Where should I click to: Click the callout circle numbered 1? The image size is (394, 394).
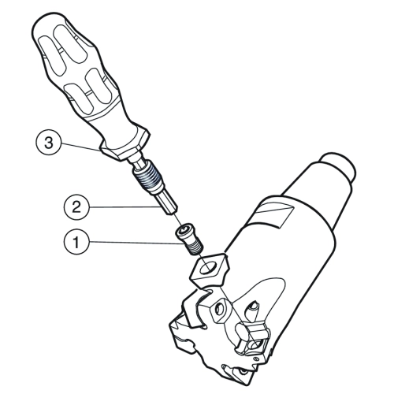tap(76, 242)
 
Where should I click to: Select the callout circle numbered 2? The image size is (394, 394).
tap(76, 207)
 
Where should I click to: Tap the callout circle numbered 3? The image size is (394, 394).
tap(49, 143)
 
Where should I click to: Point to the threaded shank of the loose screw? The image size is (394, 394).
tap(195, 248)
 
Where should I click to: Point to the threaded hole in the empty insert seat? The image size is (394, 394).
tap(218, 310)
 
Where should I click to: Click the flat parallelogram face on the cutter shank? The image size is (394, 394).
tap(275, 212)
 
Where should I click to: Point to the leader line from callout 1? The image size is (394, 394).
tap(136, 243)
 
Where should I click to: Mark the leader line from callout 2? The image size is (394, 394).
tap(125, 207)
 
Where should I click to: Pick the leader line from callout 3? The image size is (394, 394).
tap(80, 147)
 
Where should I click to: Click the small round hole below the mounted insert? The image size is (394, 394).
tap(255, 359)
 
